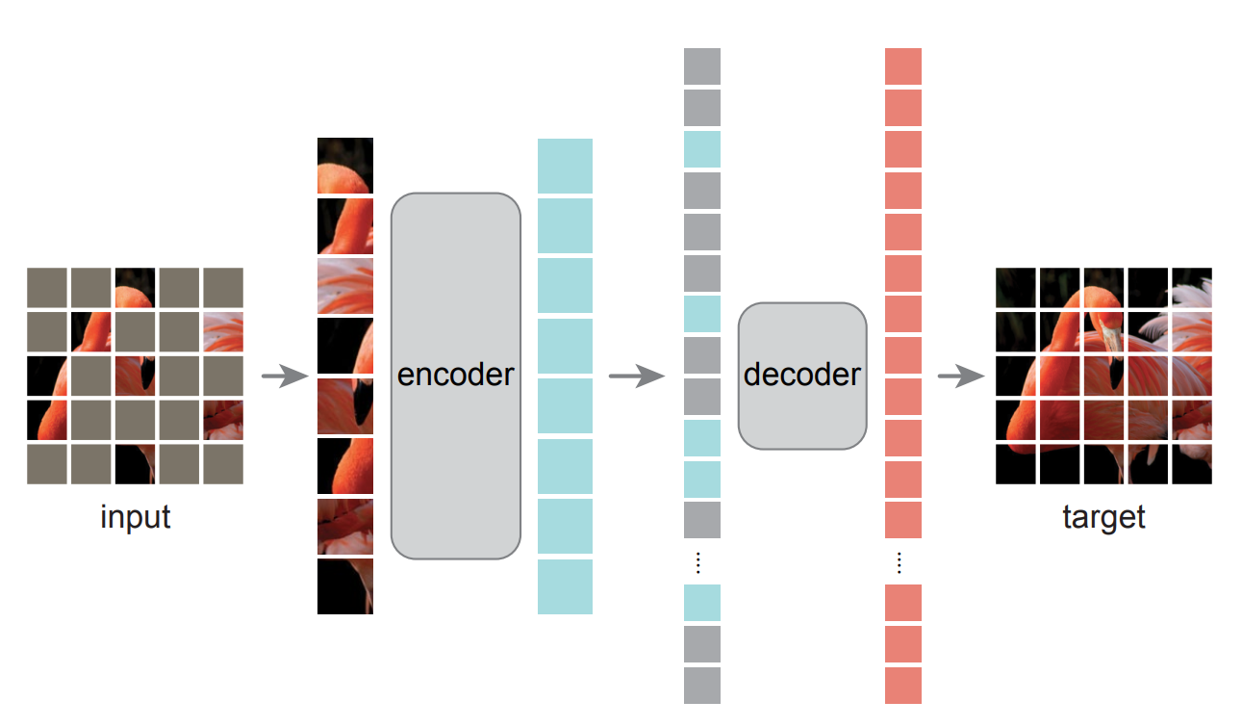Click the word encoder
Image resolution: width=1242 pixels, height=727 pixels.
pos(455,375)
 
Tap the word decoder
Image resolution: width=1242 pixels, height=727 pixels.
pos(802,375)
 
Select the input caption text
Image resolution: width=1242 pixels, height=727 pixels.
pos(135,517)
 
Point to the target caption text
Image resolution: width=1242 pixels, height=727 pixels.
pos(1103,517)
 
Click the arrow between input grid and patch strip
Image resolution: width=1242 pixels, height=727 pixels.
pos(283,376)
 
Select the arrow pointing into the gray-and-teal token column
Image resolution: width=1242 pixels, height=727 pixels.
pos(636,376)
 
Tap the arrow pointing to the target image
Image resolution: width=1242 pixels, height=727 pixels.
pos(961,376)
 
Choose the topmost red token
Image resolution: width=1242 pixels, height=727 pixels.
pos(903,66)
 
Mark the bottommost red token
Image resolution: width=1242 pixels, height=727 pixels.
pos(903,685)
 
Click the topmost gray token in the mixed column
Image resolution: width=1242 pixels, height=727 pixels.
pos(702,66)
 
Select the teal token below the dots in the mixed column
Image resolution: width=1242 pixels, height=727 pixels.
pos(702,602)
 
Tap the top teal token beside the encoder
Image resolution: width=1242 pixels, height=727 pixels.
pos(565,166)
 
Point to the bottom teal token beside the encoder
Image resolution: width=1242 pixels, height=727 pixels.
pos(565,586)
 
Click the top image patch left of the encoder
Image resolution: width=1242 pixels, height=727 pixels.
pos(345,166)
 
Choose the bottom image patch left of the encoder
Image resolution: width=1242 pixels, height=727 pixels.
pos(345,586)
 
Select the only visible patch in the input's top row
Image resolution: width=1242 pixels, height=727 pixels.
pos(135,287)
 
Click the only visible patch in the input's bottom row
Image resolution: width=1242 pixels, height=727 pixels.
pos(135,464)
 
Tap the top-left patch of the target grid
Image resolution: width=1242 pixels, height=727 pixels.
pos(1016,287)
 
